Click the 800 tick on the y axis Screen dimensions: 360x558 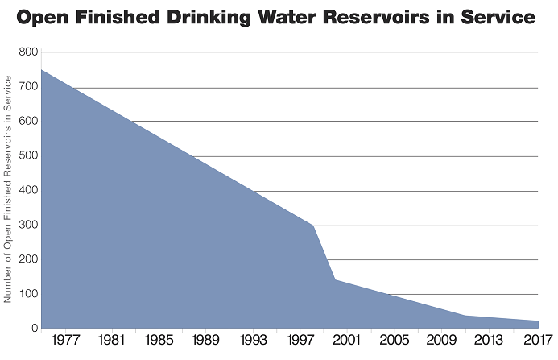[28, 52]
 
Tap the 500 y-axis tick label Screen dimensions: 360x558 [28, 156]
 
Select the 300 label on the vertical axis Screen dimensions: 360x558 [28, 225]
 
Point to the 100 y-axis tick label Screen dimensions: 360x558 [28, 294]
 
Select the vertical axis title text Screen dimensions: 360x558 [9, 189]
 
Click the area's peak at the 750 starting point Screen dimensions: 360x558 [41, 70]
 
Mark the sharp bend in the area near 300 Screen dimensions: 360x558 [312, 226]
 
